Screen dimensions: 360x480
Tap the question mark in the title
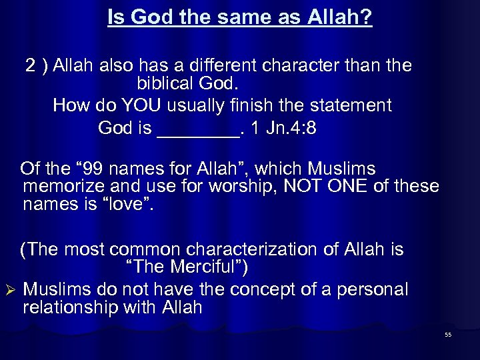(367, 18)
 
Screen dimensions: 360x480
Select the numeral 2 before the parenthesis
(31, 66)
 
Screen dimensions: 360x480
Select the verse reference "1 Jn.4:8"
(283, 128)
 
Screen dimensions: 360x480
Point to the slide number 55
(448, 335)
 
